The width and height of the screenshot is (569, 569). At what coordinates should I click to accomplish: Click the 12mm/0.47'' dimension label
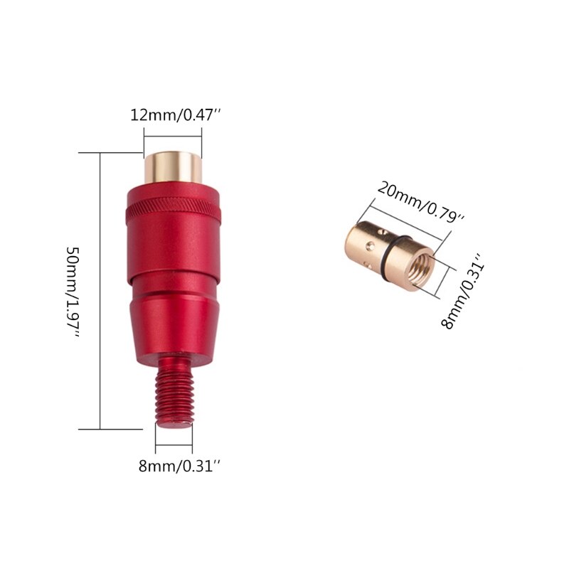tap(172, 115)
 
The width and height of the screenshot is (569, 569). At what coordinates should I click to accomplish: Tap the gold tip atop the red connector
tap(173, 166)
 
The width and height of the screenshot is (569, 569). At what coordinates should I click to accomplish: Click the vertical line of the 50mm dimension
tap(101, 292)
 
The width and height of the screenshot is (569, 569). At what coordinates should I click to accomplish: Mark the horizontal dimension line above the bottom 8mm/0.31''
tap(174, 447)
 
